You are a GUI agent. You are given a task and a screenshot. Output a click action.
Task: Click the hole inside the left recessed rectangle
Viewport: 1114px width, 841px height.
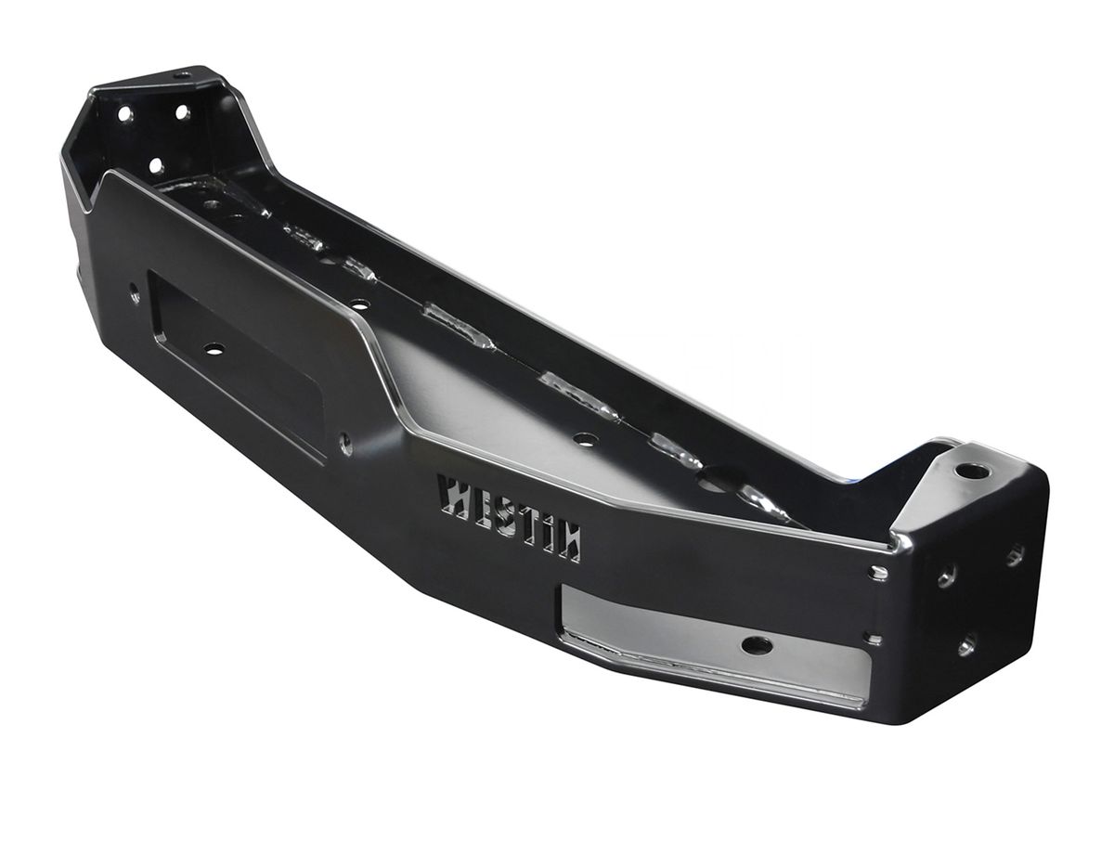click(x=214, y=349)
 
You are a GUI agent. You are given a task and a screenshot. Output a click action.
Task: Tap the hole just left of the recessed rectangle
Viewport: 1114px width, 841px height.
click(x=135, y=291)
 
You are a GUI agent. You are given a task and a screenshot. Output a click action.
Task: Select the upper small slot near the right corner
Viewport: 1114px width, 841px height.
click(x=878, y=573)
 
